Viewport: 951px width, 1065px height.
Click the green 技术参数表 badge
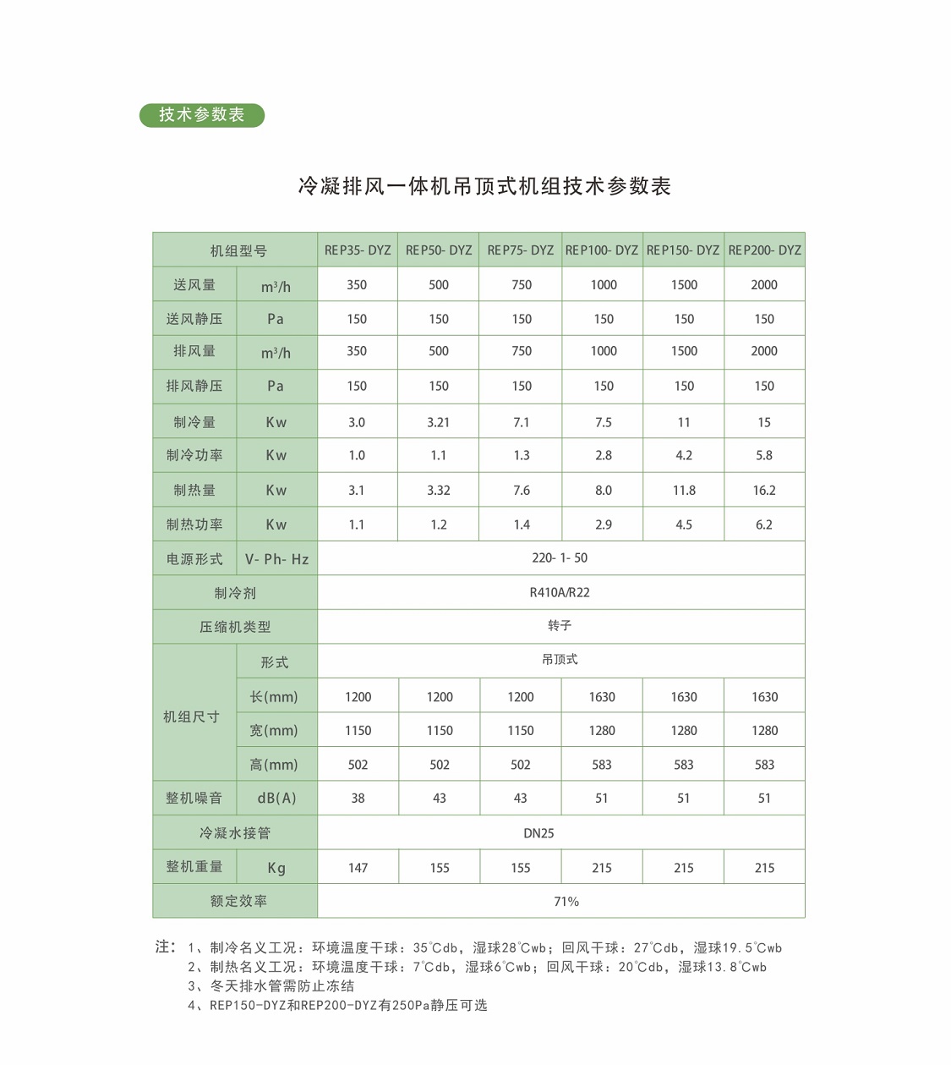coord(202,115)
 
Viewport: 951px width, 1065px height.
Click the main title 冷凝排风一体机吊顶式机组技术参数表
coord(484,186)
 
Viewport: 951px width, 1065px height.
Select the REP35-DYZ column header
coord(358,250)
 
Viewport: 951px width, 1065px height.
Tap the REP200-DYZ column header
coord(764,250)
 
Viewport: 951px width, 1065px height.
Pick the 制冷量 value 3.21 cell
coord(438,422)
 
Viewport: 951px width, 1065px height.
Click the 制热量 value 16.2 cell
coord(764,490)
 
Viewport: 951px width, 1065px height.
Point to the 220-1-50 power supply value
coord(560,558)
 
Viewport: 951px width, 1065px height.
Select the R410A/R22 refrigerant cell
coord(560,592)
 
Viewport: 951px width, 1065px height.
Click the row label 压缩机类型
coord(235,627)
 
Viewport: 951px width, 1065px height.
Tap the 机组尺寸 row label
coord(192,716)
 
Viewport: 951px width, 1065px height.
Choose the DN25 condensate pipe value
coord(538,833)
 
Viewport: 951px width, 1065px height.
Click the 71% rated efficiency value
coord(566,902)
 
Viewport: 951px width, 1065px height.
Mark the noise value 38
coord(358,799)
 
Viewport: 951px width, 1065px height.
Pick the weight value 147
coord(358,868)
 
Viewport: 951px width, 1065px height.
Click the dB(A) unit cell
coord(276,799)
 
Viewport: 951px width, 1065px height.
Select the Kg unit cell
coord(276,868)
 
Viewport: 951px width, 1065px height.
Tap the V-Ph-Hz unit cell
coord(276,559)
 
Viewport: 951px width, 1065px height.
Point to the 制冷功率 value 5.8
coord(764,455)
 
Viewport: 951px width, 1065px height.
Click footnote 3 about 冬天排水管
coord(271,986)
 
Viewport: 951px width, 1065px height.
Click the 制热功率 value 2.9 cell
coord(603,524)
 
